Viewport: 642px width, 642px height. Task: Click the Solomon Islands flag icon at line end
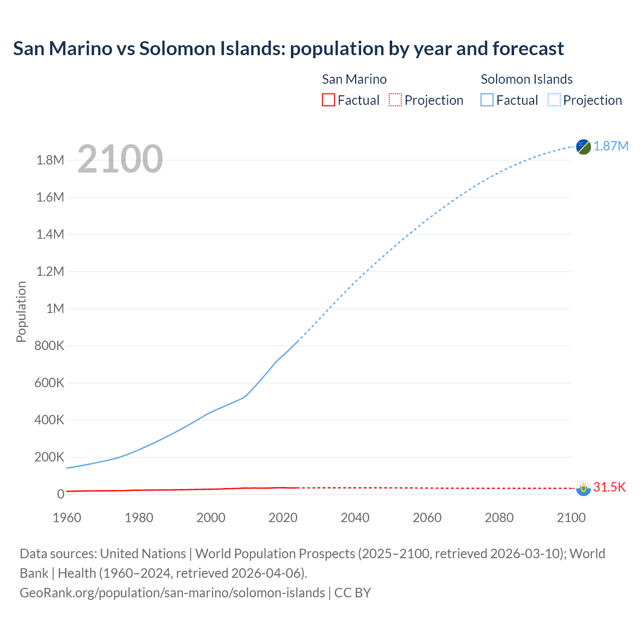(x=583, y=146)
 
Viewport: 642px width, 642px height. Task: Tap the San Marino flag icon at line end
(x=583, y=488)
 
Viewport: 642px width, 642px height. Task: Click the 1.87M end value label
(x=611, y=146)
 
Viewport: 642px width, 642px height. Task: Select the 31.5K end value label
(x=609, y=487)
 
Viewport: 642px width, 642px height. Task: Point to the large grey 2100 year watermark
(x=120, y=159)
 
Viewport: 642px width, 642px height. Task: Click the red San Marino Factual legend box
(x=328, y=100)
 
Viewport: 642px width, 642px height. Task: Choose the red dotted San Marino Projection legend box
(x=395, y=100)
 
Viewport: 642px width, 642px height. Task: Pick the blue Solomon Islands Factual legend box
(x=487, y=100)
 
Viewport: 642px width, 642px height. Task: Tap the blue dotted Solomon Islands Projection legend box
(x=554, y=100)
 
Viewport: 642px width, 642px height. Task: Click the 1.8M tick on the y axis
(x=50, y=160)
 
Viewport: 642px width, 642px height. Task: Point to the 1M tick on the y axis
(x=55, y=308)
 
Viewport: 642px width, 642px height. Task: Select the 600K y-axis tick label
(x=49, y=383)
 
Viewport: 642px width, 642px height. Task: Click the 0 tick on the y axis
(x=61, y=494)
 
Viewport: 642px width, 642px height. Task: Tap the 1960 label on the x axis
(x=67, y=518)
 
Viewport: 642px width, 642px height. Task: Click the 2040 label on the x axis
(x=355, y=518)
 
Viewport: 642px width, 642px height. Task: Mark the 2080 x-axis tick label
(x=499, y=518)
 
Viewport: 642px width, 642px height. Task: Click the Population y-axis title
(x=21, y=311)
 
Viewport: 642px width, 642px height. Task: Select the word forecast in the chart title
(x=528, y=49)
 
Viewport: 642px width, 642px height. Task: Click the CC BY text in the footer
(x=353, y=592)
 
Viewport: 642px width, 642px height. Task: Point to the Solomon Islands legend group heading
(x=527, y=79)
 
